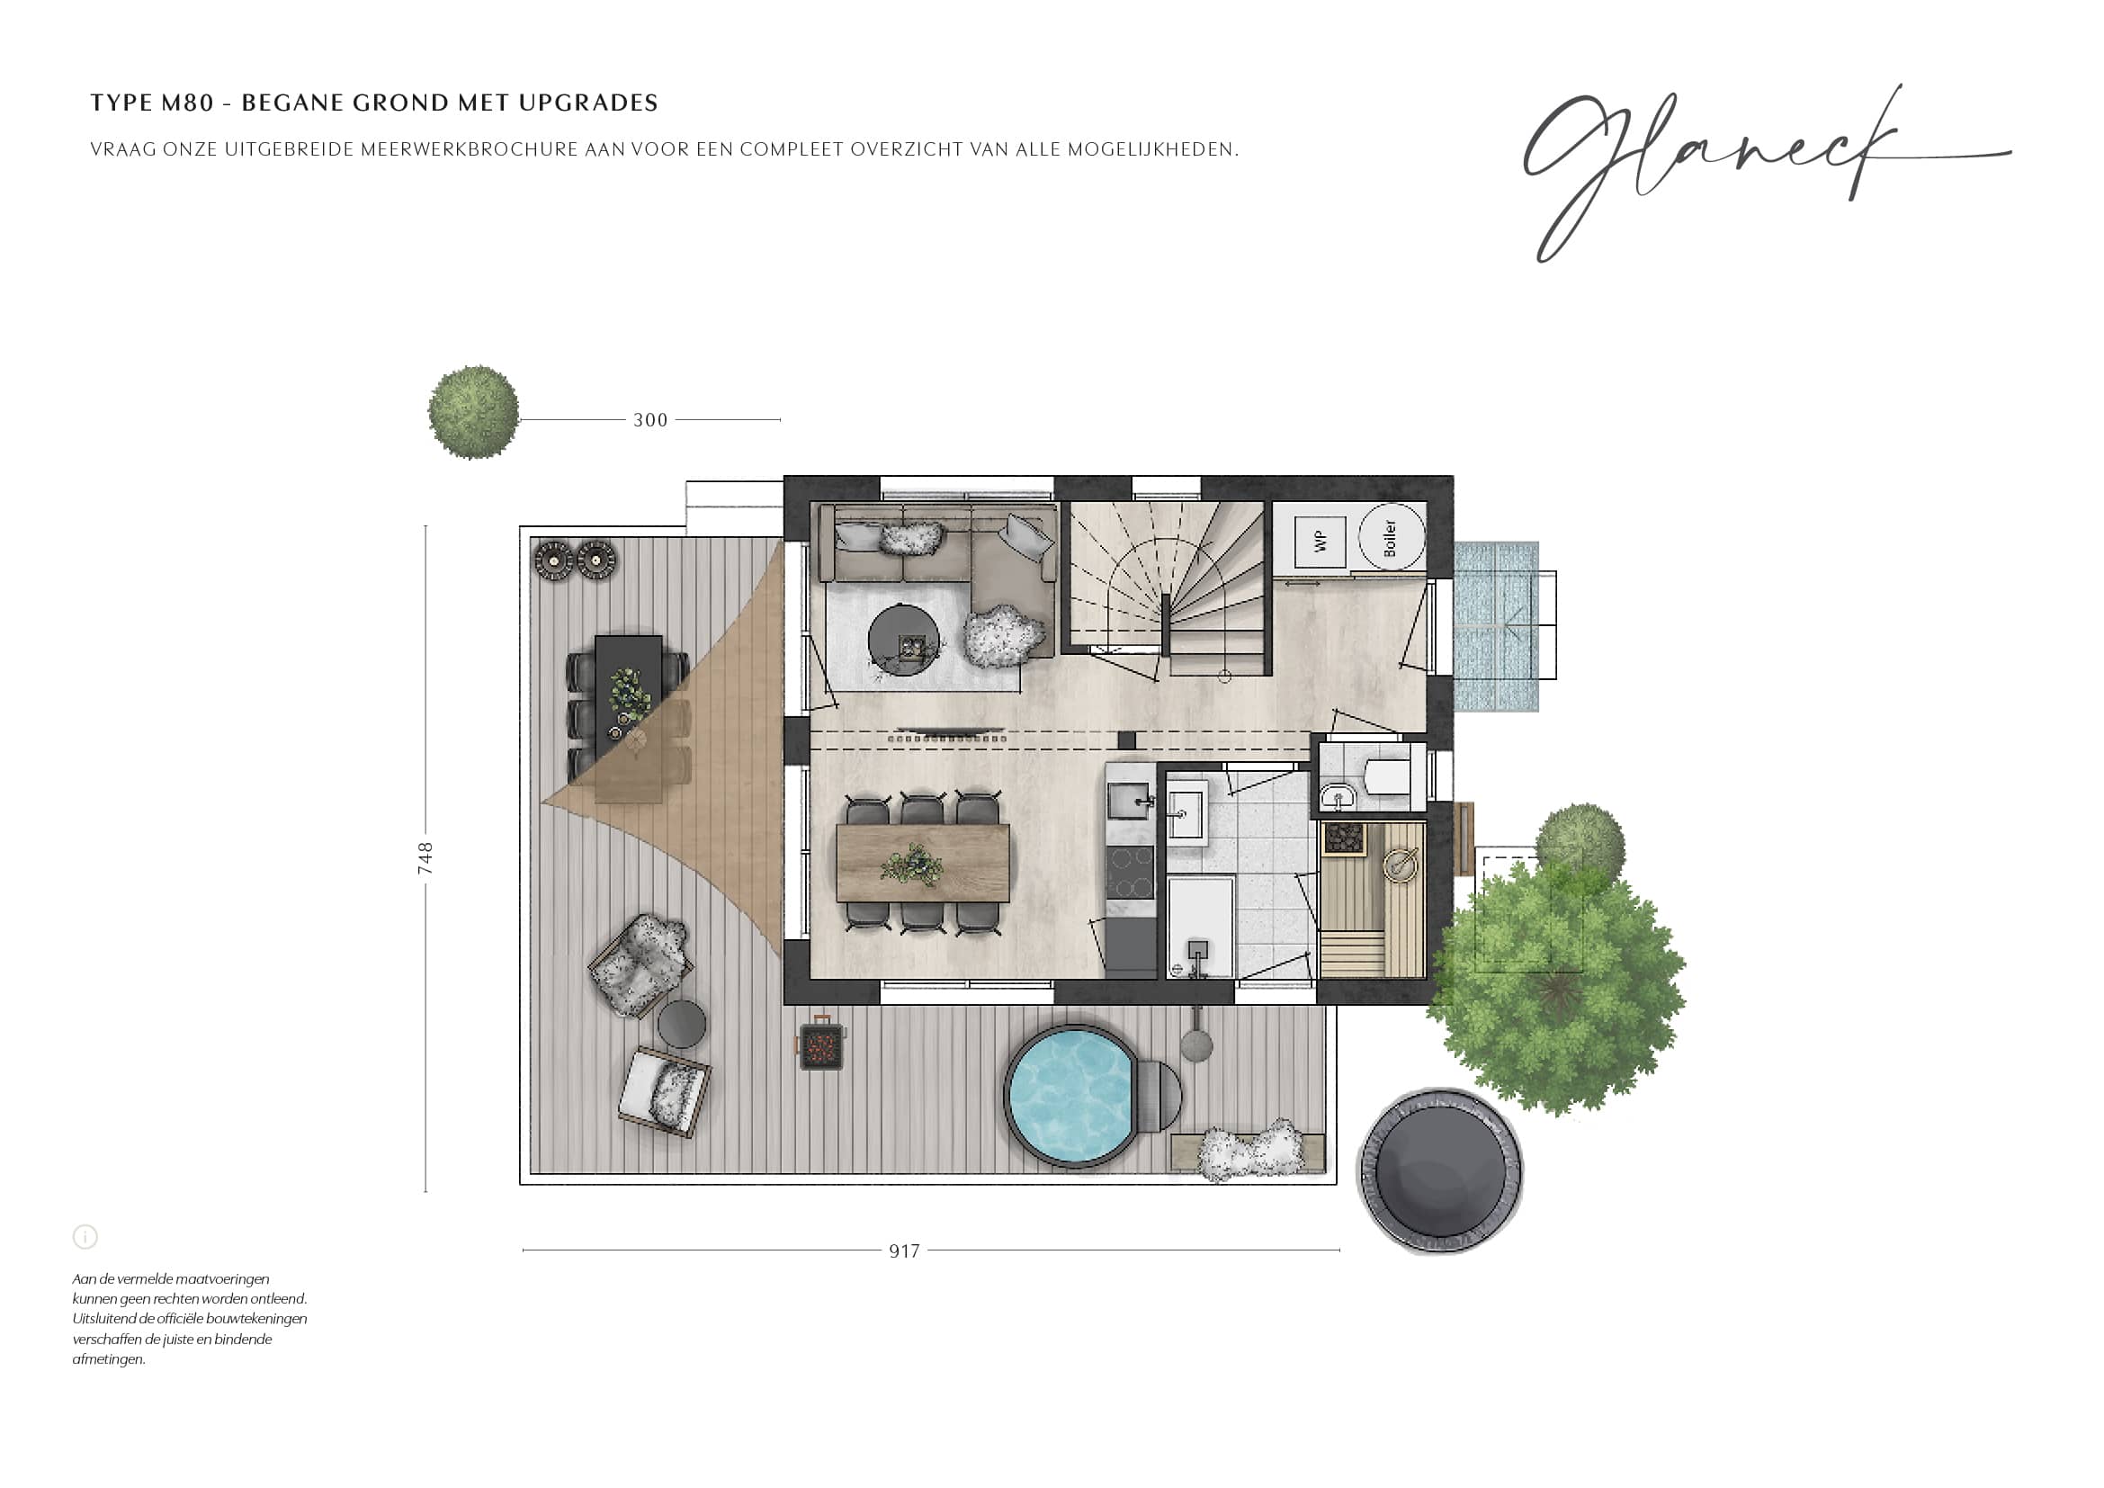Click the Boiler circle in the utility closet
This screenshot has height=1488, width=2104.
(x=1391, y=537)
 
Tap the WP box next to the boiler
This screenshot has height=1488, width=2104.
(x=1320, y=542)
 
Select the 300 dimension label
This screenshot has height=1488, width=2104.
(x=650, y=420)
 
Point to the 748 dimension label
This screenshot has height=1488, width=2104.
(x=425, y=858)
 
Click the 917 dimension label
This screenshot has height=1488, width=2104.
(x=904, y=1251)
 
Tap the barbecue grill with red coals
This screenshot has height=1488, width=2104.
(x=819, y=1044)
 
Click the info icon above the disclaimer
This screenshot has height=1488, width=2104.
(x=85, y=1237)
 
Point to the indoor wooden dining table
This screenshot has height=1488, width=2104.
(x=923, y=863)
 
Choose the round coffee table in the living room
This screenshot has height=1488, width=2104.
(x=903, y=639)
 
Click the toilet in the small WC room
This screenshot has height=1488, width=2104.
(x=1383, y=777)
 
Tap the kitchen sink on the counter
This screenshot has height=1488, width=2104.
(x=1130, y=801)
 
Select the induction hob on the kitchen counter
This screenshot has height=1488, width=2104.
(x=1132, y=874)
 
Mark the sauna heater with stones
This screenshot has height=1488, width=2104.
(x=1344, y=839)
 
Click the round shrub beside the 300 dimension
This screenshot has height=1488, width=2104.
(x=474, y=412)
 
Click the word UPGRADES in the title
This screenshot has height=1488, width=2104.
(x=588, y=103)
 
